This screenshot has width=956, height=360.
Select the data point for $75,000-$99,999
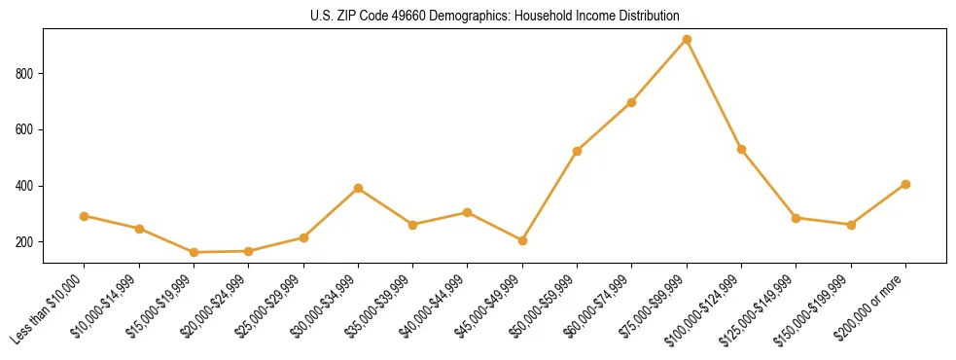687,40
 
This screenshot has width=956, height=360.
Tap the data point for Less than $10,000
85,216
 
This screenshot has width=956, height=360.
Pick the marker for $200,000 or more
905,184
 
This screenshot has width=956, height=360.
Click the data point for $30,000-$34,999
359,188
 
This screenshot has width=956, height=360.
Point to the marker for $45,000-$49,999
522,240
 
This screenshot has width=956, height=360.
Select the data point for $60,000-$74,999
632,102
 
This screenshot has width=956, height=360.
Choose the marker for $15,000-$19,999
195,252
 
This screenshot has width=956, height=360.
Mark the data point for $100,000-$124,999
741,149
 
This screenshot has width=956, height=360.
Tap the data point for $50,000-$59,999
578,151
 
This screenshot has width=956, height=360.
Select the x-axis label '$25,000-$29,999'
271,308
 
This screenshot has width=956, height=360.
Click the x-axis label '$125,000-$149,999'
761,310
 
